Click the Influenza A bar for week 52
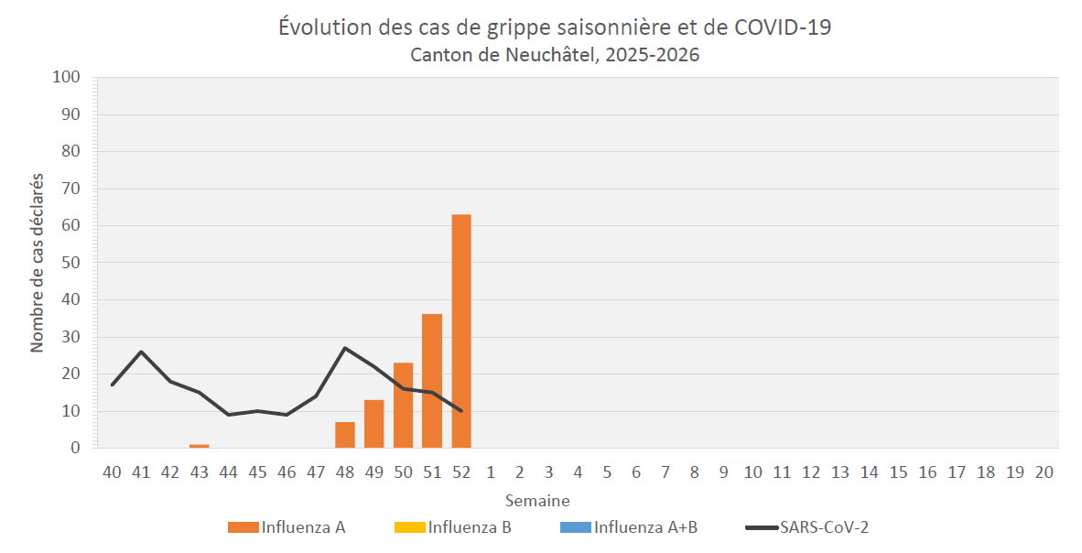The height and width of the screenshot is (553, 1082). (461, 331)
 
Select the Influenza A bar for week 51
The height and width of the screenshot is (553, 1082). (432, 381)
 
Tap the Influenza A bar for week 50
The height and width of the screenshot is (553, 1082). (403, 405)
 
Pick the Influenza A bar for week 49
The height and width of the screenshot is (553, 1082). (373, 424)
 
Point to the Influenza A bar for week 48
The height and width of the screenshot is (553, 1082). (345, 435)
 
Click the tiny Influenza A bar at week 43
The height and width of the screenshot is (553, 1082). (199, 446)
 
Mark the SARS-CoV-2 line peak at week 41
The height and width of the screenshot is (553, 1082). (141, 352)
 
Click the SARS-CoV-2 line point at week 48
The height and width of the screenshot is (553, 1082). (345, 348)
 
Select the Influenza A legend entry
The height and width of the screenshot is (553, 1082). (287, 527)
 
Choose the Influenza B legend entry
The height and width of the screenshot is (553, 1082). (452, 527)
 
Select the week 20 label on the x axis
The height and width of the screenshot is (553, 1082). (1044, 472)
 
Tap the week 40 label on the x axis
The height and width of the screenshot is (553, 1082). (112, 472)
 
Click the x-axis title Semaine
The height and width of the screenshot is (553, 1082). (537, 501)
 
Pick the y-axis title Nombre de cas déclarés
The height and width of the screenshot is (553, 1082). (38, 263)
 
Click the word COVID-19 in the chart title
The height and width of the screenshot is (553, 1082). (783, 27)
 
